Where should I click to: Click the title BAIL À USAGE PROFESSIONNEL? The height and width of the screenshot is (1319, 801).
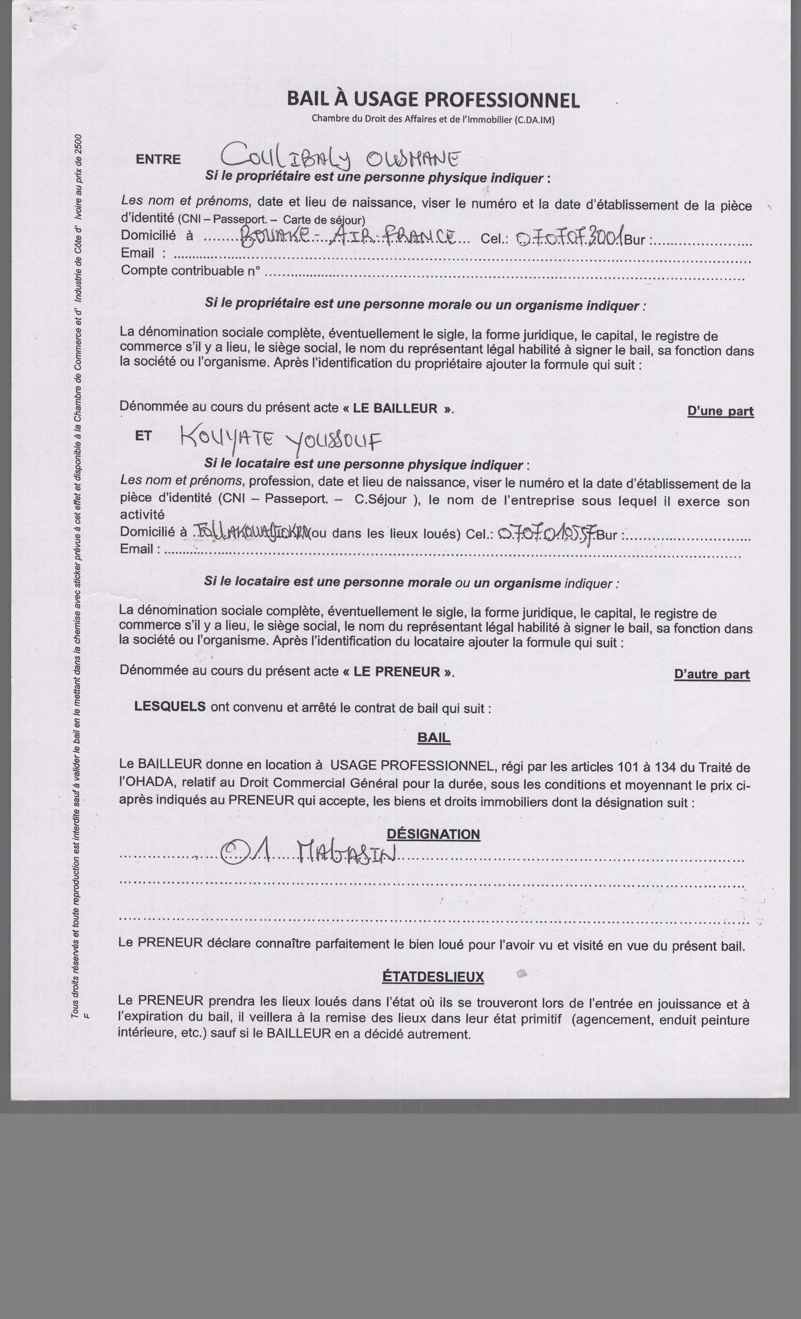[433, 100]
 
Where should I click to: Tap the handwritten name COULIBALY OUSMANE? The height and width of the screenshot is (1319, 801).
[341, 157]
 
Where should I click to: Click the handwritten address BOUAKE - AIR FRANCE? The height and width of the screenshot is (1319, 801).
[348, 236]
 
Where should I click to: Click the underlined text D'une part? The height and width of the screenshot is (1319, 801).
[720, 411]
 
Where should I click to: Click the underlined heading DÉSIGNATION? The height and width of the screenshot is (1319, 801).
[433, 834]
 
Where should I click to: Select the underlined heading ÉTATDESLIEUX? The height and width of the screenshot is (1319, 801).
[433, 977]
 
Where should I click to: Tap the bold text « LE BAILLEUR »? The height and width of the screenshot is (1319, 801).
[398, 409]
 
